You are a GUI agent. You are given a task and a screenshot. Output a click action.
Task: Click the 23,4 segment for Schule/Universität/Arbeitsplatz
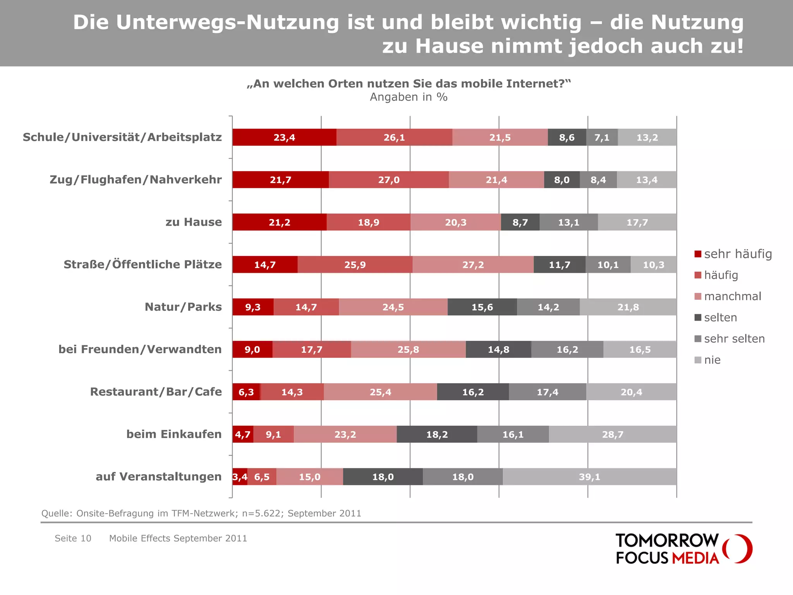point(284,138)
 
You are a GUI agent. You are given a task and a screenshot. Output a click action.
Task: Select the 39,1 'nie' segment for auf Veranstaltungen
point(589,477)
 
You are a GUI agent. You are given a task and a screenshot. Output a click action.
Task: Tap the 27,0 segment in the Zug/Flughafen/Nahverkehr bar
point(389,180)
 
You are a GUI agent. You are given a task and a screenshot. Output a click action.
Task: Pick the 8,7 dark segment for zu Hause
point(520,222)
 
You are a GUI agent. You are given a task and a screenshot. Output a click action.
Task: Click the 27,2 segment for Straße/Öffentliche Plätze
point(473,265)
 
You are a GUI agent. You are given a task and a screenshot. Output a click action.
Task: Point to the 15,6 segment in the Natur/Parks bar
point(482,307)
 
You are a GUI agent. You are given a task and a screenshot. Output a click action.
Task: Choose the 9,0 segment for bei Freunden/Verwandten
point(252,350)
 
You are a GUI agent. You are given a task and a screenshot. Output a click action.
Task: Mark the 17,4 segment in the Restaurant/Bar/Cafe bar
point(547,392)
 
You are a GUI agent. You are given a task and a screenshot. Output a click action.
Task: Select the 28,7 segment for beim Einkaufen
point(613,435)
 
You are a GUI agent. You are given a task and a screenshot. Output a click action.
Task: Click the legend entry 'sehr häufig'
point(737,254)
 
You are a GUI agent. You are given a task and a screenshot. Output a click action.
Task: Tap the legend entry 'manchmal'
point(732,296)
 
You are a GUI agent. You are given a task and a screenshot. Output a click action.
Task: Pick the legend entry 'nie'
point(712,360)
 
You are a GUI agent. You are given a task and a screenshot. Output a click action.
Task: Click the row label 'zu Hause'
point(194,222)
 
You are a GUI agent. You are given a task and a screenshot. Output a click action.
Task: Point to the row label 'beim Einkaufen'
point(174,434)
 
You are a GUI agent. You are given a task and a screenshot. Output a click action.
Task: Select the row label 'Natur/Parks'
point(183,307)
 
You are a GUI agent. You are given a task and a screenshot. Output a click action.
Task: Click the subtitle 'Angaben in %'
point(409,97)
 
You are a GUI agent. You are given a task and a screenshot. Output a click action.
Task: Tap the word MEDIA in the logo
point(695,558)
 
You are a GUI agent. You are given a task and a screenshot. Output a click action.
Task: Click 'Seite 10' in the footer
point(73,538)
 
